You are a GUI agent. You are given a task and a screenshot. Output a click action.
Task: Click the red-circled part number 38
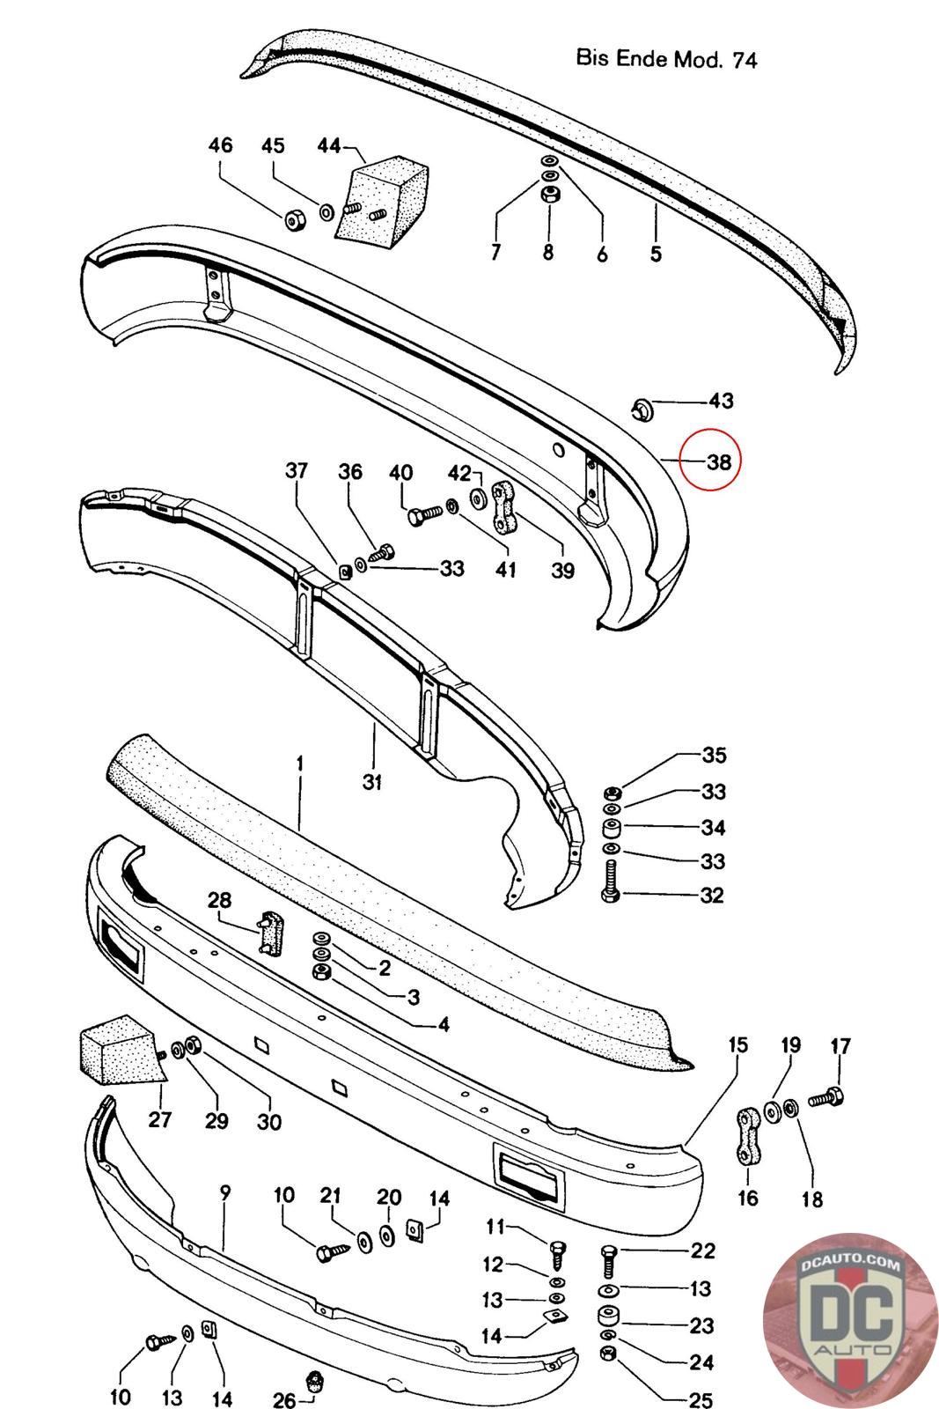[718, 461]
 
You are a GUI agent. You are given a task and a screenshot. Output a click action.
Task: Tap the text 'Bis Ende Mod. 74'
[666, 59]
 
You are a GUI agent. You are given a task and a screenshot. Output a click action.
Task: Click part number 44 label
[328, 145]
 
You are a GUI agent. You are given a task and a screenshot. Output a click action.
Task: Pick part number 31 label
[372, 780]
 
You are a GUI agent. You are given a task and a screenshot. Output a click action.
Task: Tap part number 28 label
[219, 900]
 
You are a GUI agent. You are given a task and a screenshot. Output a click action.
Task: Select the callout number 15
[737, 1044]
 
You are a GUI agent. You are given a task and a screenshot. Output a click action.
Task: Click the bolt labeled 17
[826, 1097]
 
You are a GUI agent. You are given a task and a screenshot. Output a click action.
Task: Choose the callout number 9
[225, 1192]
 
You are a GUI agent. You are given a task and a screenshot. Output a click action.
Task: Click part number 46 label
[220, 145]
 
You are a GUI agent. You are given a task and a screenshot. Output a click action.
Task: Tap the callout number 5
[656, 254]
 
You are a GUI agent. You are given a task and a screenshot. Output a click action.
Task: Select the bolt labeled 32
[609, 882]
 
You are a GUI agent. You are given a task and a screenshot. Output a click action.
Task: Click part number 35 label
[714, 755]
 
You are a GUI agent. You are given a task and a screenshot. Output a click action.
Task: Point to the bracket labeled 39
[504, 508]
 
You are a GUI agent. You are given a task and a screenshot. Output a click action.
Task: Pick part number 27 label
[161, 1120]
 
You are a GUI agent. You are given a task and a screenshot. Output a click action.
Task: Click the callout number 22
[703, 1250]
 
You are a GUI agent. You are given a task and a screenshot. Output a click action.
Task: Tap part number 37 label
[297, 470]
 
